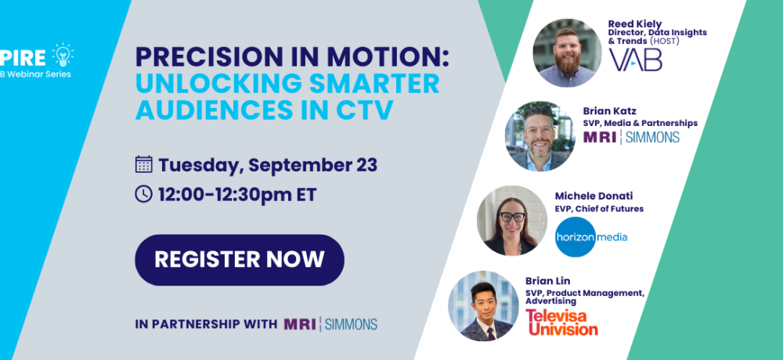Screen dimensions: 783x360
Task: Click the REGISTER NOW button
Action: coord(239,260)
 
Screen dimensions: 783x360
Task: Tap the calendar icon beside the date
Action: coord(144,164)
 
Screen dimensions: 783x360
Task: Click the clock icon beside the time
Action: coord(144,194)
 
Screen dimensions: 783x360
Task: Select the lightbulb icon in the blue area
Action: coord(63,55)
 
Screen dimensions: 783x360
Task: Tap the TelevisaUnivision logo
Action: coord(561,322)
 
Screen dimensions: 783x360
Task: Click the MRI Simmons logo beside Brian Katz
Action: coord(631,137)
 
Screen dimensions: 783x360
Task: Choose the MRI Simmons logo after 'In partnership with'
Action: coord(330,324)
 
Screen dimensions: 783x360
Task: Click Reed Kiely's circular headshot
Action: coord(567,53)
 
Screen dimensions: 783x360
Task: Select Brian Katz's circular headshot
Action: coord(539,136)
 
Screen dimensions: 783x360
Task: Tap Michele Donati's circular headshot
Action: coord(512,220)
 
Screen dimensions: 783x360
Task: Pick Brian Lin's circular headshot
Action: coord(483,305)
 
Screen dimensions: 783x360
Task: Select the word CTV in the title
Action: coord(364,110)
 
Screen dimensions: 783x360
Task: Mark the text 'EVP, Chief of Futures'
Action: coord(599,209)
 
